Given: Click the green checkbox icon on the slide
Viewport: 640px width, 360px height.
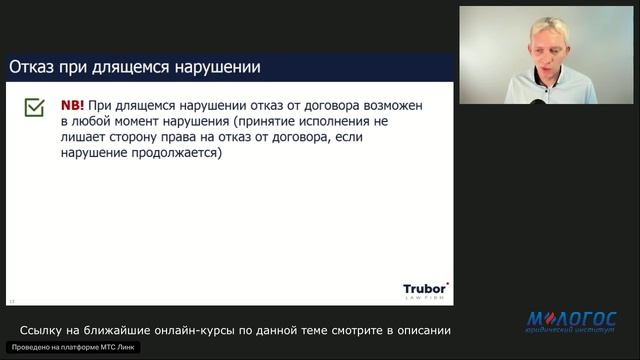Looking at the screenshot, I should [x=34, y=107].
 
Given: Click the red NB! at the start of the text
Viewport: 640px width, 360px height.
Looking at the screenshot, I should [x=73, y=105].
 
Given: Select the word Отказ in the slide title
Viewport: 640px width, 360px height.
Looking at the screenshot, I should [x=31, y=68].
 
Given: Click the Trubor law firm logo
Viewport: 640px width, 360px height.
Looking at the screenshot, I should [x=425, y=290].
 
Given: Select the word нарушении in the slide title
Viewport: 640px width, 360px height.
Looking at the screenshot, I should [x=217, y=68].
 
